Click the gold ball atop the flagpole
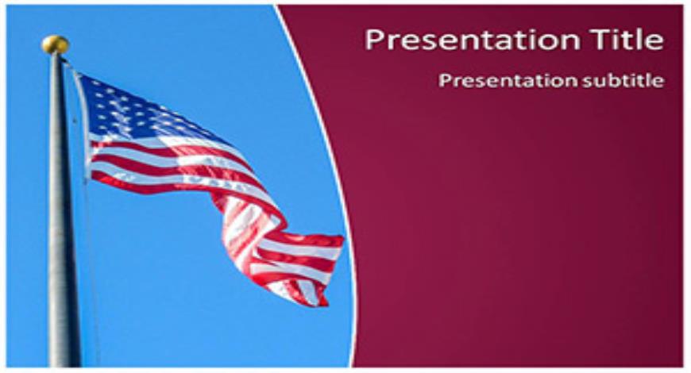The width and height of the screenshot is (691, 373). (55, 44)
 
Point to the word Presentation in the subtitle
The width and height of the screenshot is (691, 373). (508, 81)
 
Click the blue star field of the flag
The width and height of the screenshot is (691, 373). (132, 110)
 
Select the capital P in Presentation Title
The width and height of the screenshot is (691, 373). (375, 40)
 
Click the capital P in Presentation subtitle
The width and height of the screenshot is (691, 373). (445, 81)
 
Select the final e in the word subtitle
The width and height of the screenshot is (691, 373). (658, 82)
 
